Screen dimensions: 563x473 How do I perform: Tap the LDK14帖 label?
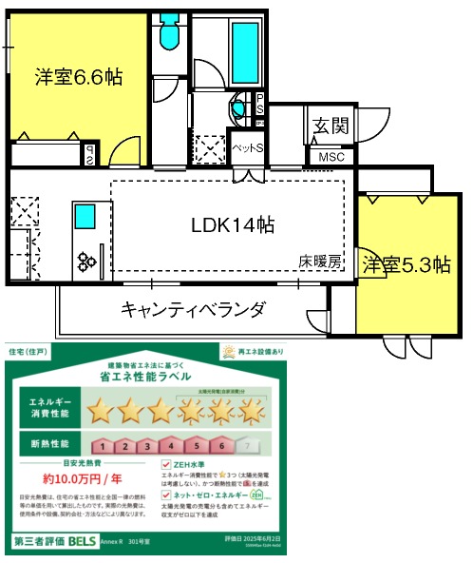point(233,225)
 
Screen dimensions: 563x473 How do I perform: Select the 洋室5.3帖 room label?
point(406,266)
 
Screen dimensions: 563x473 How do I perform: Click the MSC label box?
point(331,157)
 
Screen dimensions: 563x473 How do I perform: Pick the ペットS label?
point(248,148)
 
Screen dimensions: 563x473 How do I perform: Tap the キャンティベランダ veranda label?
point(193,309)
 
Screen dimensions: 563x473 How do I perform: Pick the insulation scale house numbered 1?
point(102,445)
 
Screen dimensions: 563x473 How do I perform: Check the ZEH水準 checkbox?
point(166,464)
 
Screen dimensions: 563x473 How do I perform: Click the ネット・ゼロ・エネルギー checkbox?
point(166,495)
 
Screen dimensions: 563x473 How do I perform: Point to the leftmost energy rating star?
point(101,411)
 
